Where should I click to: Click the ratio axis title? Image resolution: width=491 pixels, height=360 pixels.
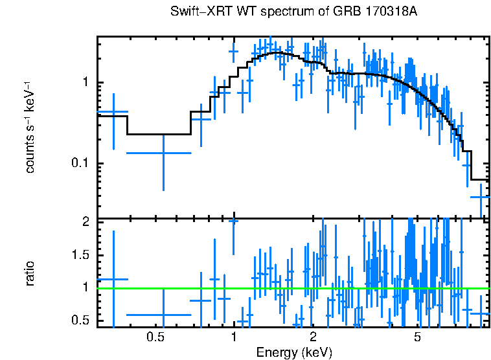click(x=30, y=273)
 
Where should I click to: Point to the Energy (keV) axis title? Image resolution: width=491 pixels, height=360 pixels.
click(x=294, y=353)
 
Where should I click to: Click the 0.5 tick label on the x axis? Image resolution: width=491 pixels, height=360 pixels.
click(x=155, y=337)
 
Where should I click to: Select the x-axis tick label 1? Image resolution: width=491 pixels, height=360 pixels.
click(x=234, y=337)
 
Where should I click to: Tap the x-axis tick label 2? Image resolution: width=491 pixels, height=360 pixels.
click(x=313, y=337)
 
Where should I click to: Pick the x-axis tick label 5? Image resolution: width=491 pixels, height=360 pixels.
click(x=417, y=337)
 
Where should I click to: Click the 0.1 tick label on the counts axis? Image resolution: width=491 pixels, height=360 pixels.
click(x=79, y=163)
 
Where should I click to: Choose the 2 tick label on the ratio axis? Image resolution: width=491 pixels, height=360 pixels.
click(x=84, y=222)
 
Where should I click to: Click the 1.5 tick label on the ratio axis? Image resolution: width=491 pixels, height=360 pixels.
click(x=79, y=255)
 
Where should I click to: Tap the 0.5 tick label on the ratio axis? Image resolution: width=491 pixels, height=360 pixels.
click(x=79, y=321)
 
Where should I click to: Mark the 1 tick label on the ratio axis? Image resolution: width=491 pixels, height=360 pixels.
click(x=84, y=287)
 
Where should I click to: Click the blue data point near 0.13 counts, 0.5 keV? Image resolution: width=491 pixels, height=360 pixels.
click(x=163, y=153)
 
